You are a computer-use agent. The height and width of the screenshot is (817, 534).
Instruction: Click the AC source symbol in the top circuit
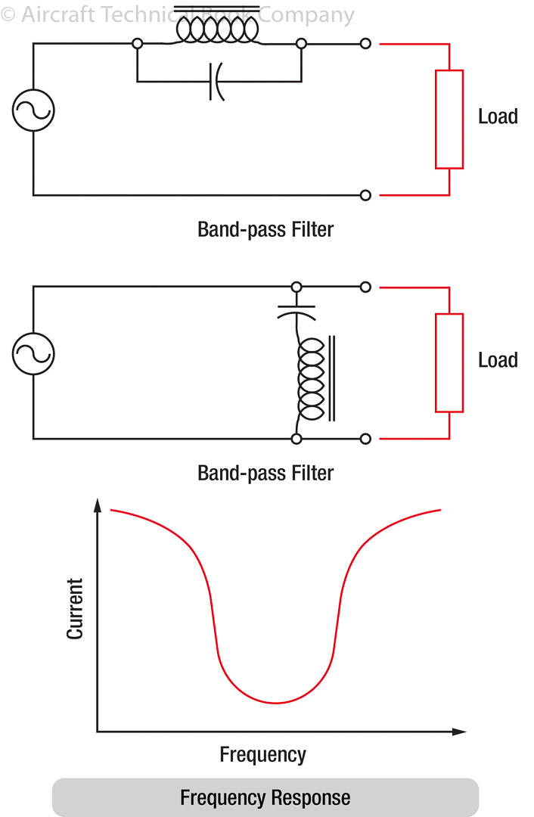[33, 110]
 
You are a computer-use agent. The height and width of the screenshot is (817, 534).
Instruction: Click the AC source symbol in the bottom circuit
[33, 353]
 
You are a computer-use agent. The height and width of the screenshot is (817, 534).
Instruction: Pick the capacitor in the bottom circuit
[296, 311]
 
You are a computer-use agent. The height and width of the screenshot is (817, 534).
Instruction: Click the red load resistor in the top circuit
[449, 119]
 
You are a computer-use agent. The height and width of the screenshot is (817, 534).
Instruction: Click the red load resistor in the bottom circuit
[449, 362]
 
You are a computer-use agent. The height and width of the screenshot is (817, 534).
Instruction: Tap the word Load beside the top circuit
[498, 116]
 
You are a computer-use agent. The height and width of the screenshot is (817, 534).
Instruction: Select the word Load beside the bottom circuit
[498, 360]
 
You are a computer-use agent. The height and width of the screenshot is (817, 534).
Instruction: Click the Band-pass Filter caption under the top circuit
[265, 229]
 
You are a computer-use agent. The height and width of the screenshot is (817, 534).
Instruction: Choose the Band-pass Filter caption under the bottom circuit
[265, 474]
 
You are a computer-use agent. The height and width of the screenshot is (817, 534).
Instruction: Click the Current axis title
[75, 609]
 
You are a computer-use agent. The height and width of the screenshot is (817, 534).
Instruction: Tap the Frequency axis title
[262, 754]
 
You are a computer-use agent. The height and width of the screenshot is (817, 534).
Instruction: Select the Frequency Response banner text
[265, 797]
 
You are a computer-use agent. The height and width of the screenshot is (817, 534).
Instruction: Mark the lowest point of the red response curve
[275, 703]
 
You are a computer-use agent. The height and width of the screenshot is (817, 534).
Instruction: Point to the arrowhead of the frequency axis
[459, 732]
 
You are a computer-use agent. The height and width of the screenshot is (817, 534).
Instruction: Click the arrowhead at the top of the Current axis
[97, 505]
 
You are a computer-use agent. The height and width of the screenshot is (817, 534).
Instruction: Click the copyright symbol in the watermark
[8, 14]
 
